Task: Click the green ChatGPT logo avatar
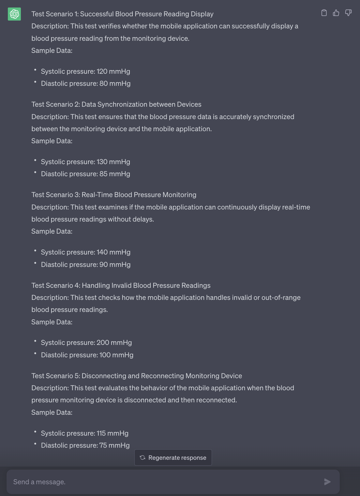[14, 14]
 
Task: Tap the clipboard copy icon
[324, 13]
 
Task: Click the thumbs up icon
[336, 13]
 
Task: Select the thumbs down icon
[348, 13]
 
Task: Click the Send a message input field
[163, 482]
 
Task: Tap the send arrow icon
[327, 482]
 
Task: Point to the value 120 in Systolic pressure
[102, 71]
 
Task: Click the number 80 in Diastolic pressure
[104, 84]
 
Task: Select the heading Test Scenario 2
[116, 104]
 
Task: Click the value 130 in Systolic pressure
[102, 162]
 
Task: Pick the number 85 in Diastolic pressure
[103, 174]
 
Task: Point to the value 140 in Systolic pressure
[102, 252]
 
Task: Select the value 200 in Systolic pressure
[103, 343]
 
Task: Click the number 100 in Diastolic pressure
[105, 355]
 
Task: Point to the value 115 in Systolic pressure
[101, 433]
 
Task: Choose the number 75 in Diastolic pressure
[103, 445]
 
